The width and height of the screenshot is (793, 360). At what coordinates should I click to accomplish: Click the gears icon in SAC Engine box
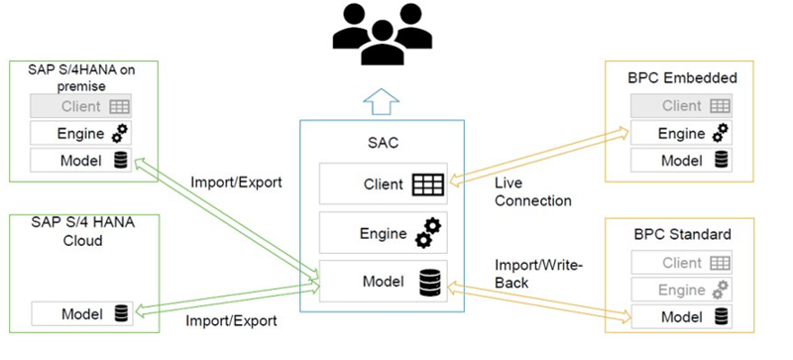(x=427, y=234)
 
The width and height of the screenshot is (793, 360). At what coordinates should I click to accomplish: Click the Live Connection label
(x=532, y=192)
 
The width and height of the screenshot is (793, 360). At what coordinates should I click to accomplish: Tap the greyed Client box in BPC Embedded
(x=683, y=105)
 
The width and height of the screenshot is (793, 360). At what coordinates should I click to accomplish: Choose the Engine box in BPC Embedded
(x=683, y=133)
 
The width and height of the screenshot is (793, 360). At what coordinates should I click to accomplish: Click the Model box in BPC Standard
(x=683, y=317)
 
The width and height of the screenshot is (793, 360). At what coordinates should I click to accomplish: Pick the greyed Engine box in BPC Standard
(x=683, y=291)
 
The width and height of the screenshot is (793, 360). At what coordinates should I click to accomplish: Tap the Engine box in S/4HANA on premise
(x=81, y=133)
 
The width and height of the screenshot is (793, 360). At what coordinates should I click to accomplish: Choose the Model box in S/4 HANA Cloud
(x=81, y=313)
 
